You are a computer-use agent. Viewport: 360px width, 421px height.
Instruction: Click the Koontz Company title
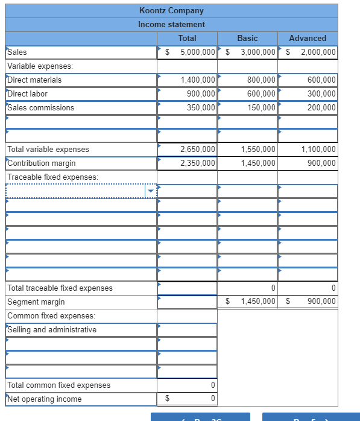tap(171, 10)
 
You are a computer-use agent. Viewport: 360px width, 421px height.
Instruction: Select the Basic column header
tap(247, 38)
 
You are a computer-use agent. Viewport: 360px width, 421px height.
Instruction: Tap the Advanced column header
tap(308, 38)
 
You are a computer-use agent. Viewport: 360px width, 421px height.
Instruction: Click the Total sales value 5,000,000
tap(197, 52)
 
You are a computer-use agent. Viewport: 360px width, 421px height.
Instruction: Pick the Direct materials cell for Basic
tap(261, 80)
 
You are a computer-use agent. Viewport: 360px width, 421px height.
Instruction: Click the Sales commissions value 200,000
tap(321, 107)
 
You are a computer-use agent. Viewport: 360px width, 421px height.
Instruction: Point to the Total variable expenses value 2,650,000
tap(198, 149)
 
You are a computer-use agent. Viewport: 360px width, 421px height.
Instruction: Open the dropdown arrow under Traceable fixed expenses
tap(151, 191)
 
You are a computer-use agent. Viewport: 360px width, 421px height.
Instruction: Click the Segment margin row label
tap(36, 302)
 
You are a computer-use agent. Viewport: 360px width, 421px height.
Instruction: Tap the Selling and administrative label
tap(52, 329)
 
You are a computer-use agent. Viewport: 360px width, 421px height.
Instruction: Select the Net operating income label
tap(44, 399)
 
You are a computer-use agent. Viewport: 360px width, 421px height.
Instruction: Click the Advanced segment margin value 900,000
tap(321, 302)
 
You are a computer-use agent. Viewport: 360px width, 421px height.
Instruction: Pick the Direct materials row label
tap(34, 80)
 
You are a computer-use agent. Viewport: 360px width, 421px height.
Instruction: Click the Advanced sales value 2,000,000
tap(318, 52)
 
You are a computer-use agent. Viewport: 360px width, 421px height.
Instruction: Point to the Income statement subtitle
tap(171, 24)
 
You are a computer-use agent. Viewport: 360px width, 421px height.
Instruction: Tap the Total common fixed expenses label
tap(58, 385)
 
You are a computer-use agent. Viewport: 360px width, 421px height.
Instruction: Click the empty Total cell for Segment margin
tap(187, 302)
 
